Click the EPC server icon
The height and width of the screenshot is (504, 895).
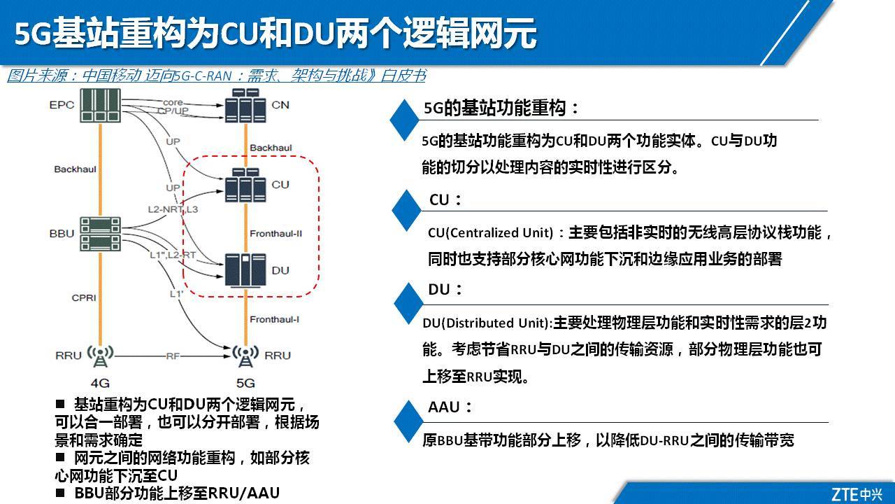tap(101, 105)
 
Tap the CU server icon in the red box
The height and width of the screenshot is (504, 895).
tap(244, 185)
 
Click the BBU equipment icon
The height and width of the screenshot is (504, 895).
tap(100, 233)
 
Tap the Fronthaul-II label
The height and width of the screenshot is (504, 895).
tap(275, 232)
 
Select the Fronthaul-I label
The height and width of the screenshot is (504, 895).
tap(275, 319)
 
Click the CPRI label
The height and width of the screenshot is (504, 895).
tap(84, 297)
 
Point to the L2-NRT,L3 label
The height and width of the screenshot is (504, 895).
tap(173, 209)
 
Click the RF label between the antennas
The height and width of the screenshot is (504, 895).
tap(172, 356)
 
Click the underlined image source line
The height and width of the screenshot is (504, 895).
tap(216, 76)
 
